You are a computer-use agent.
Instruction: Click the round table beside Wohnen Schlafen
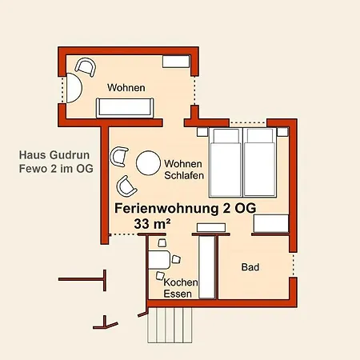[149, 163]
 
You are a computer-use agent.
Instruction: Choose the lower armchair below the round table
[126, 186]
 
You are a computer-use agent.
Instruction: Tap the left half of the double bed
[225, 162]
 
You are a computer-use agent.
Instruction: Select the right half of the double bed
[258, 162]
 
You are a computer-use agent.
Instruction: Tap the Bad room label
[250, 267]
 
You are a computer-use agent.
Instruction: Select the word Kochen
[180, 282]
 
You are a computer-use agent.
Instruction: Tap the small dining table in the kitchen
[158, 259]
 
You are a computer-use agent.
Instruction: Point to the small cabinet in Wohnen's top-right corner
[174, 61]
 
